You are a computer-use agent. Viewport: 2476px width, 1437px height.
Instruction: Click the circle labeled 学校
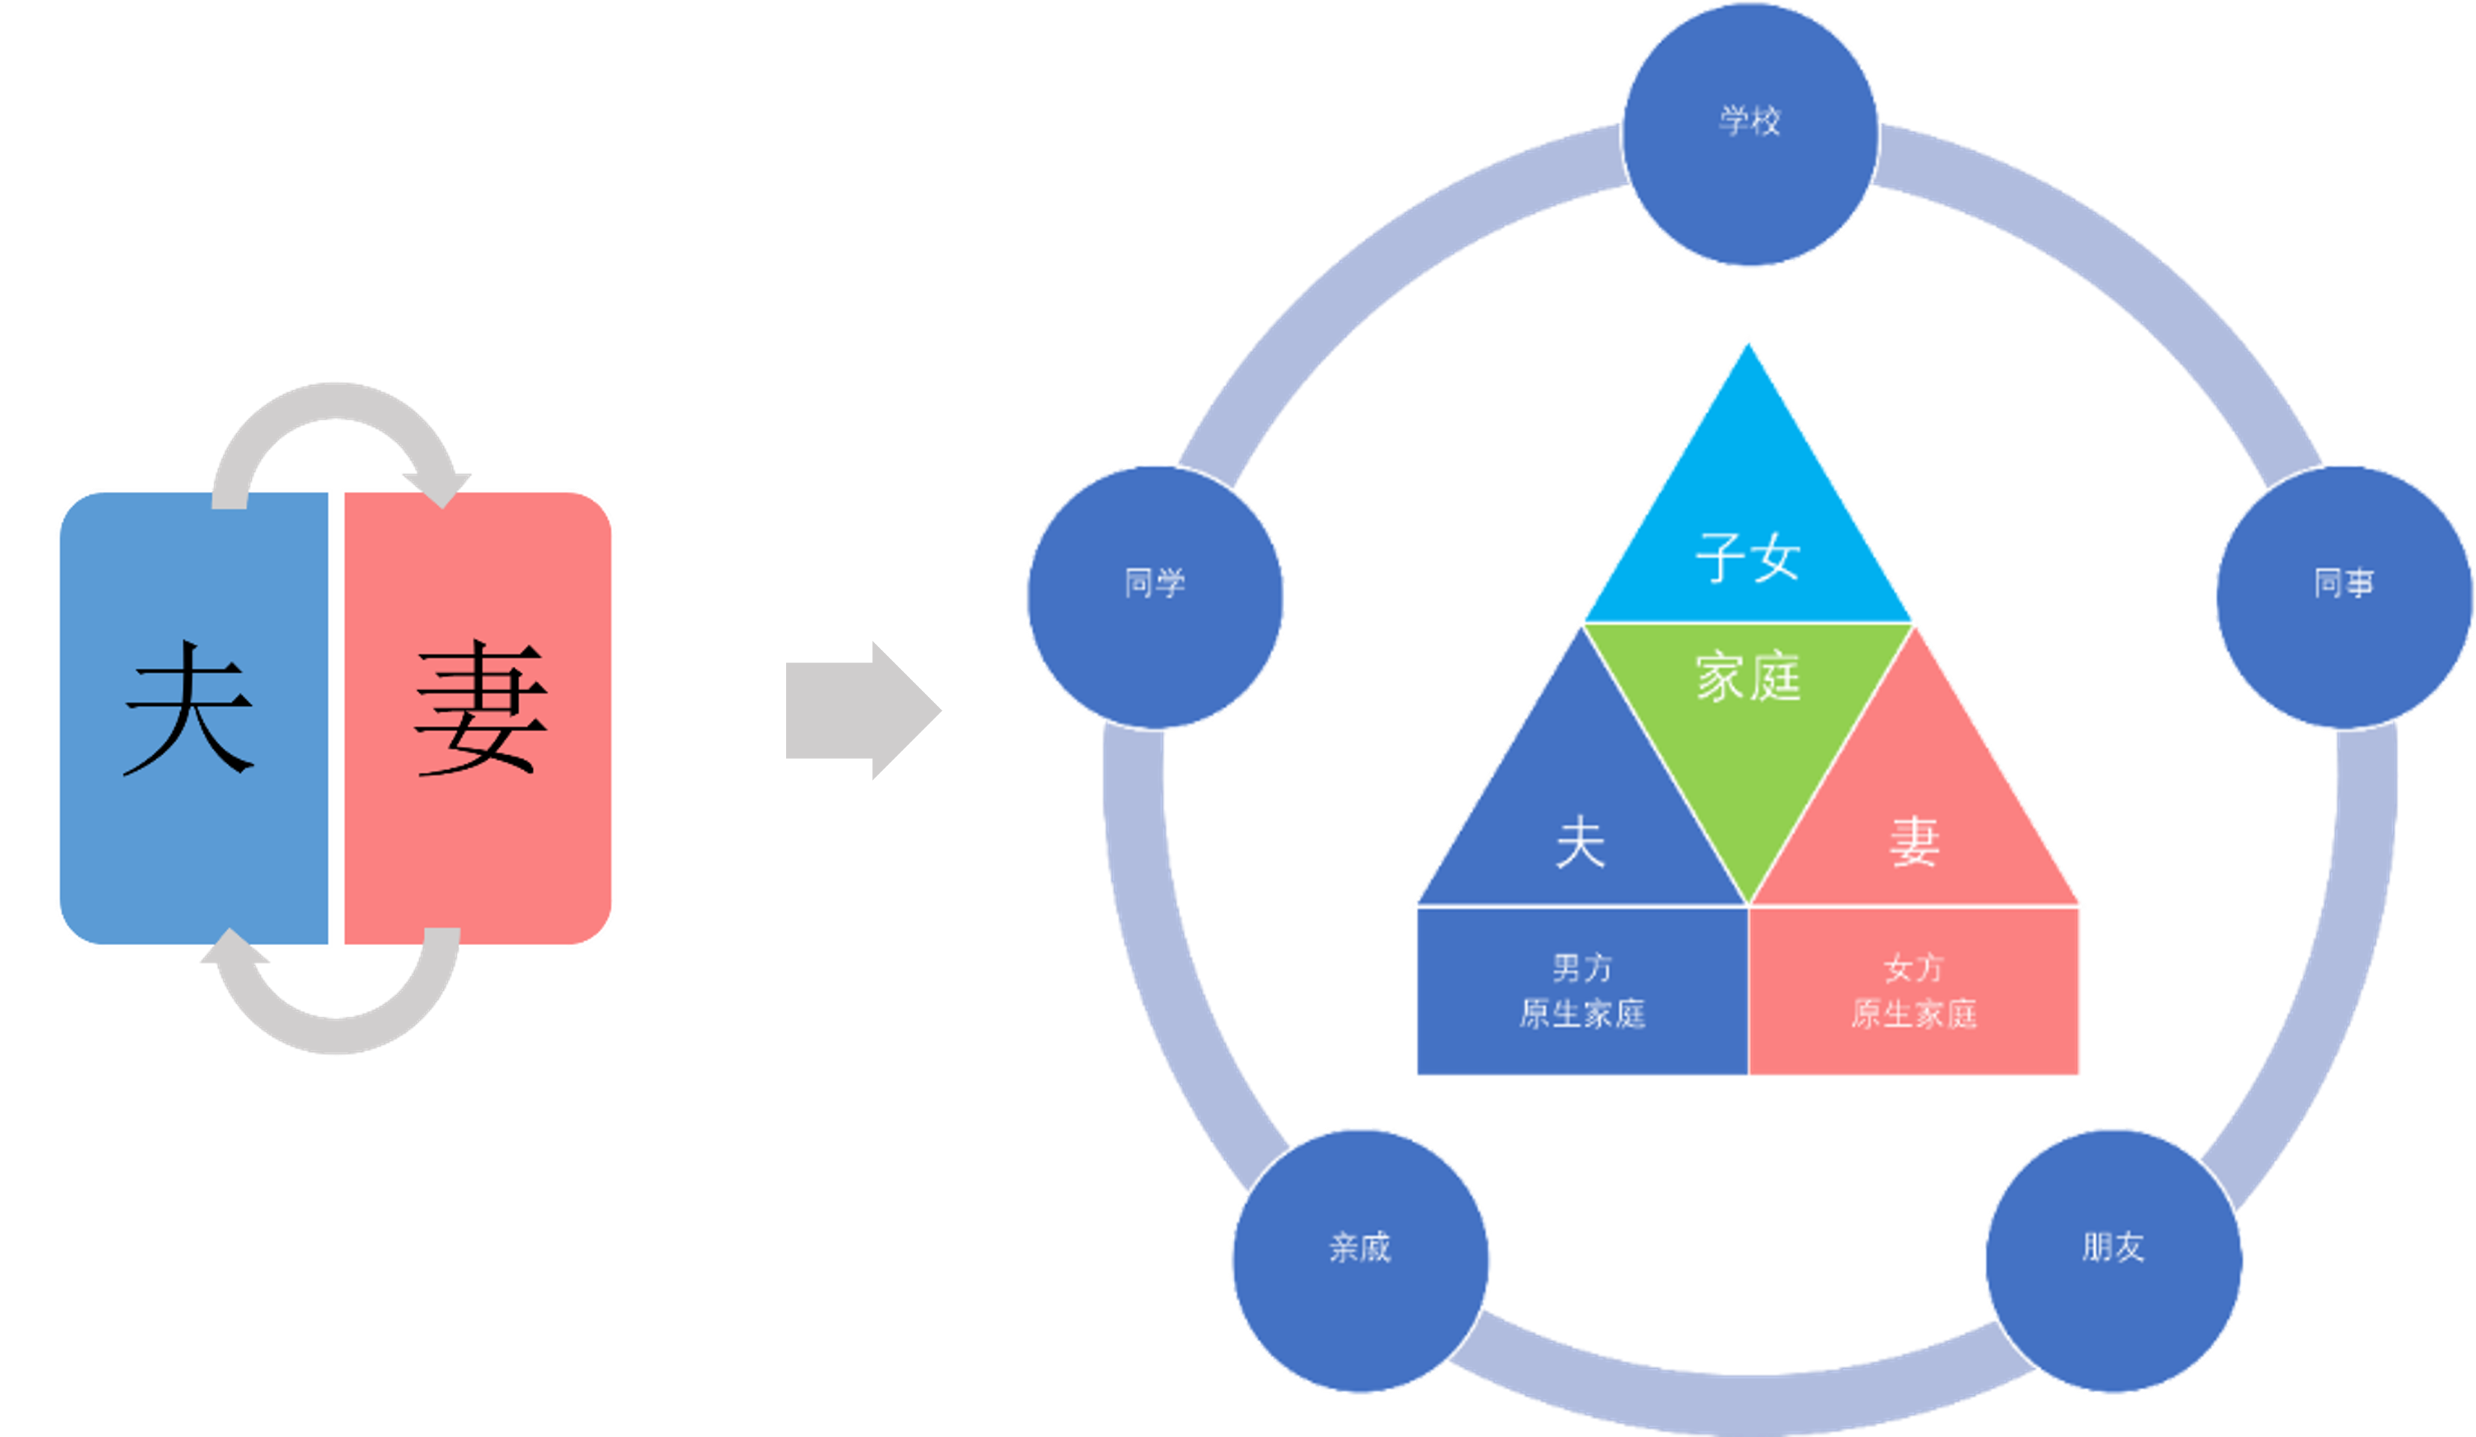(x=1750, y=134)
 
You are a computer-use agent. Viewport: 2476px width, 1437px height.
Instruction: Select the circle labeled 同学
(x=1155, y=597)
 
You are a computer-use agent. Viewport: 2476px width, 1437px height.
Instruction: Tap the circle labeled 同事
(x=2344, y=597)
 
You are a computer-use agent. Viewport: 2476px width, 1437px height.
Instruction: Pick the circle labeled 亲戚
(x=1361, y=1261)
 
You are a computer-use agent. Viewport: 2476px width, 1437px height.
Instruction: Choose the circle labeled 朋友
(x=2114, y=1261)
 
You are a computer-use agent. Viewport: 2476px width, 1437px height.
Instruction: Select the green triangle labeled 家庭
(x=1748, y=718)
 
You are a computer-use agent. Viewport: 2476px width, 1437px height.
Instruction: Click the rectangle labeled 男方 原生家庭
(x=1582, y=991)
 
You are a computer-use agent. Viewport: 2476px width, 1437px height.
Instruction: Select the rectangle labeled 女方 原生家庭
(x=1914, y=991)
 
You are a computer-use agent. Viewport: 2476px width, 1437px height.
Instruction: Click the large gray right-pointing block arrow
(x=864, y=710)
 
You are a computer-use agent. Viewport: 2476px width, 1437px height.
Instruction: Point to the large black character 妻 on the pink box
(x=481, y=708)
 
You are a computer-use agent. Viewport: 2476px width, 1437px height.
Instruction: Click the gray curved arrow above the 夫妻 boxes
(x=335, y=401)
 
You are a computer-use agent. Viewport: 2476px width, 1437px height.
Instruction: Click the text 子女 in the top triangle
(x=1748, y=557)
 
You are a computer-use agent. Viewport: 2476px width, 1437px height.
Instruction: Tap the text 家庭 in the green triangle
(x=1748, y=677)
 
